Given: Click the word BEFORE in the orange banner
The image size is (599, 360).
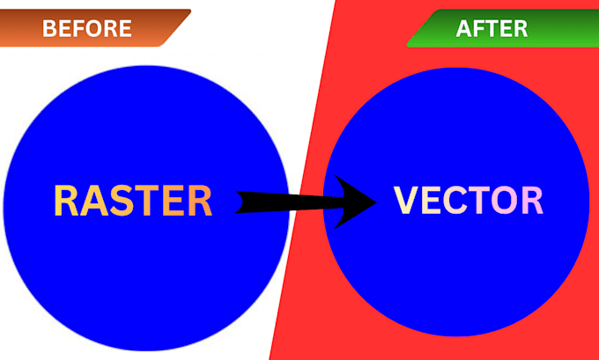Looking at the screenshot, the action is pyautogui.click(x=86, y=29).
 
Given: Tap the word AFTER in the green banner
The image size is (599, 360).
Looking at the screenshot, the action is pyautogui.click(x=492, y=29).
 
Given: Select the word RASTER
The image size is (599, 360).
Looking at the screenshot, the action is pyautogui.click(x=133, y=201).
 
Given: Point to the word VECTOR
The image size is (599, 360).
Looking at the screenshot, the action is pyautogui.click(x=469, y=200).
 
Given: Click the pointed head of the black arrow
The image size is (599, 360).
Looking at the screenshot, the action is pyautogui.click(x=376, y=202).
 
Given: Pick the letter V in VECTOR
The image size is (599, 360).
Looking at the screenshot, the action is pyautogui.click(x=406, y=200).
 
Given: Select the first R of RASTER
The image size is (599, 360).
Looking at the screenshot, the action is pyautogui.click(x=66, y=202).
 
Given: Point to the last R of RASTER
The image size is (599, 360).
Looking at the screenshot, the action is pyautogui.click(x=200, y=202).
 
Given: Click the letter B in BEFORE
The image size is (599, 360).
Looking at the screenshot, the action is pyautogui.click(x=48, y=29).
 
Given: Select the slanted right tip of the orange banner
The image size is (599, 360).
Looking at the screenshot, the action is pyautogui.click(x=190, y=11).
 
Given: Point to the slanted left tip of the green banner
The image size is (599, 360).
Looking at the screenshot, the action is pyautogui.click(x=407, y=45).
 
